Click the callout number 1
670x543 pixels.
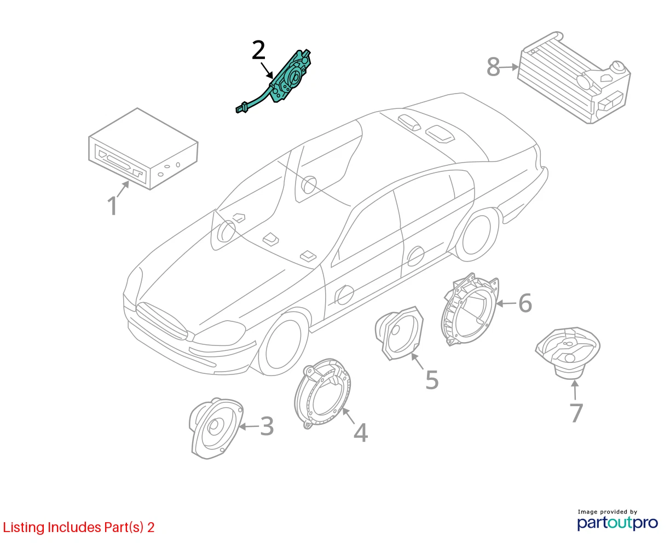pyautogui.click(x=113, y=206)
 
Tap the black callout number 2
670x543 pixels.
pyautogui.click(x=258, y=50)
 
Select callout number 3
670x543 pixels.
pyautogui.click(x=267, y=426)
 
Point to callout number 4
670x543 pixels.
pyautogui.click(x=361, y=433)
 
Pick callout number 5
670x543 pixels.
pyautogui.click(x=432, y=380)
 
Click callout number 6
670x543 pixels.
pyautogui.click(x=525, y=303)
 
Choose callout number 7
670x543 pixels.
pyautogui.click(x=576, y=413)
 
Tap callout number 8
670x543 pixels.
pyautogui.click(x=493, y=67)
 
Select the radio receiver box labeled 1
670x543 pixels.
pyautogui.click(x=143, y=149)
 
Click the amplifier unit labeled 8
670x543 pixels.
pyautogui.click(x=574, y=78)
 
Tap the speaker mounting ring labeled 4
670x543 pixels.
pyautogui.click(x=323, y=393)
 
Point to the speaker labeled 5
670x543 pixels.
pyautogui.click(x=399, y=333)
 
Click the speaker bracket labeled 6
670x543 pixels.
pyautogui.click(x=470, y=310)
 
